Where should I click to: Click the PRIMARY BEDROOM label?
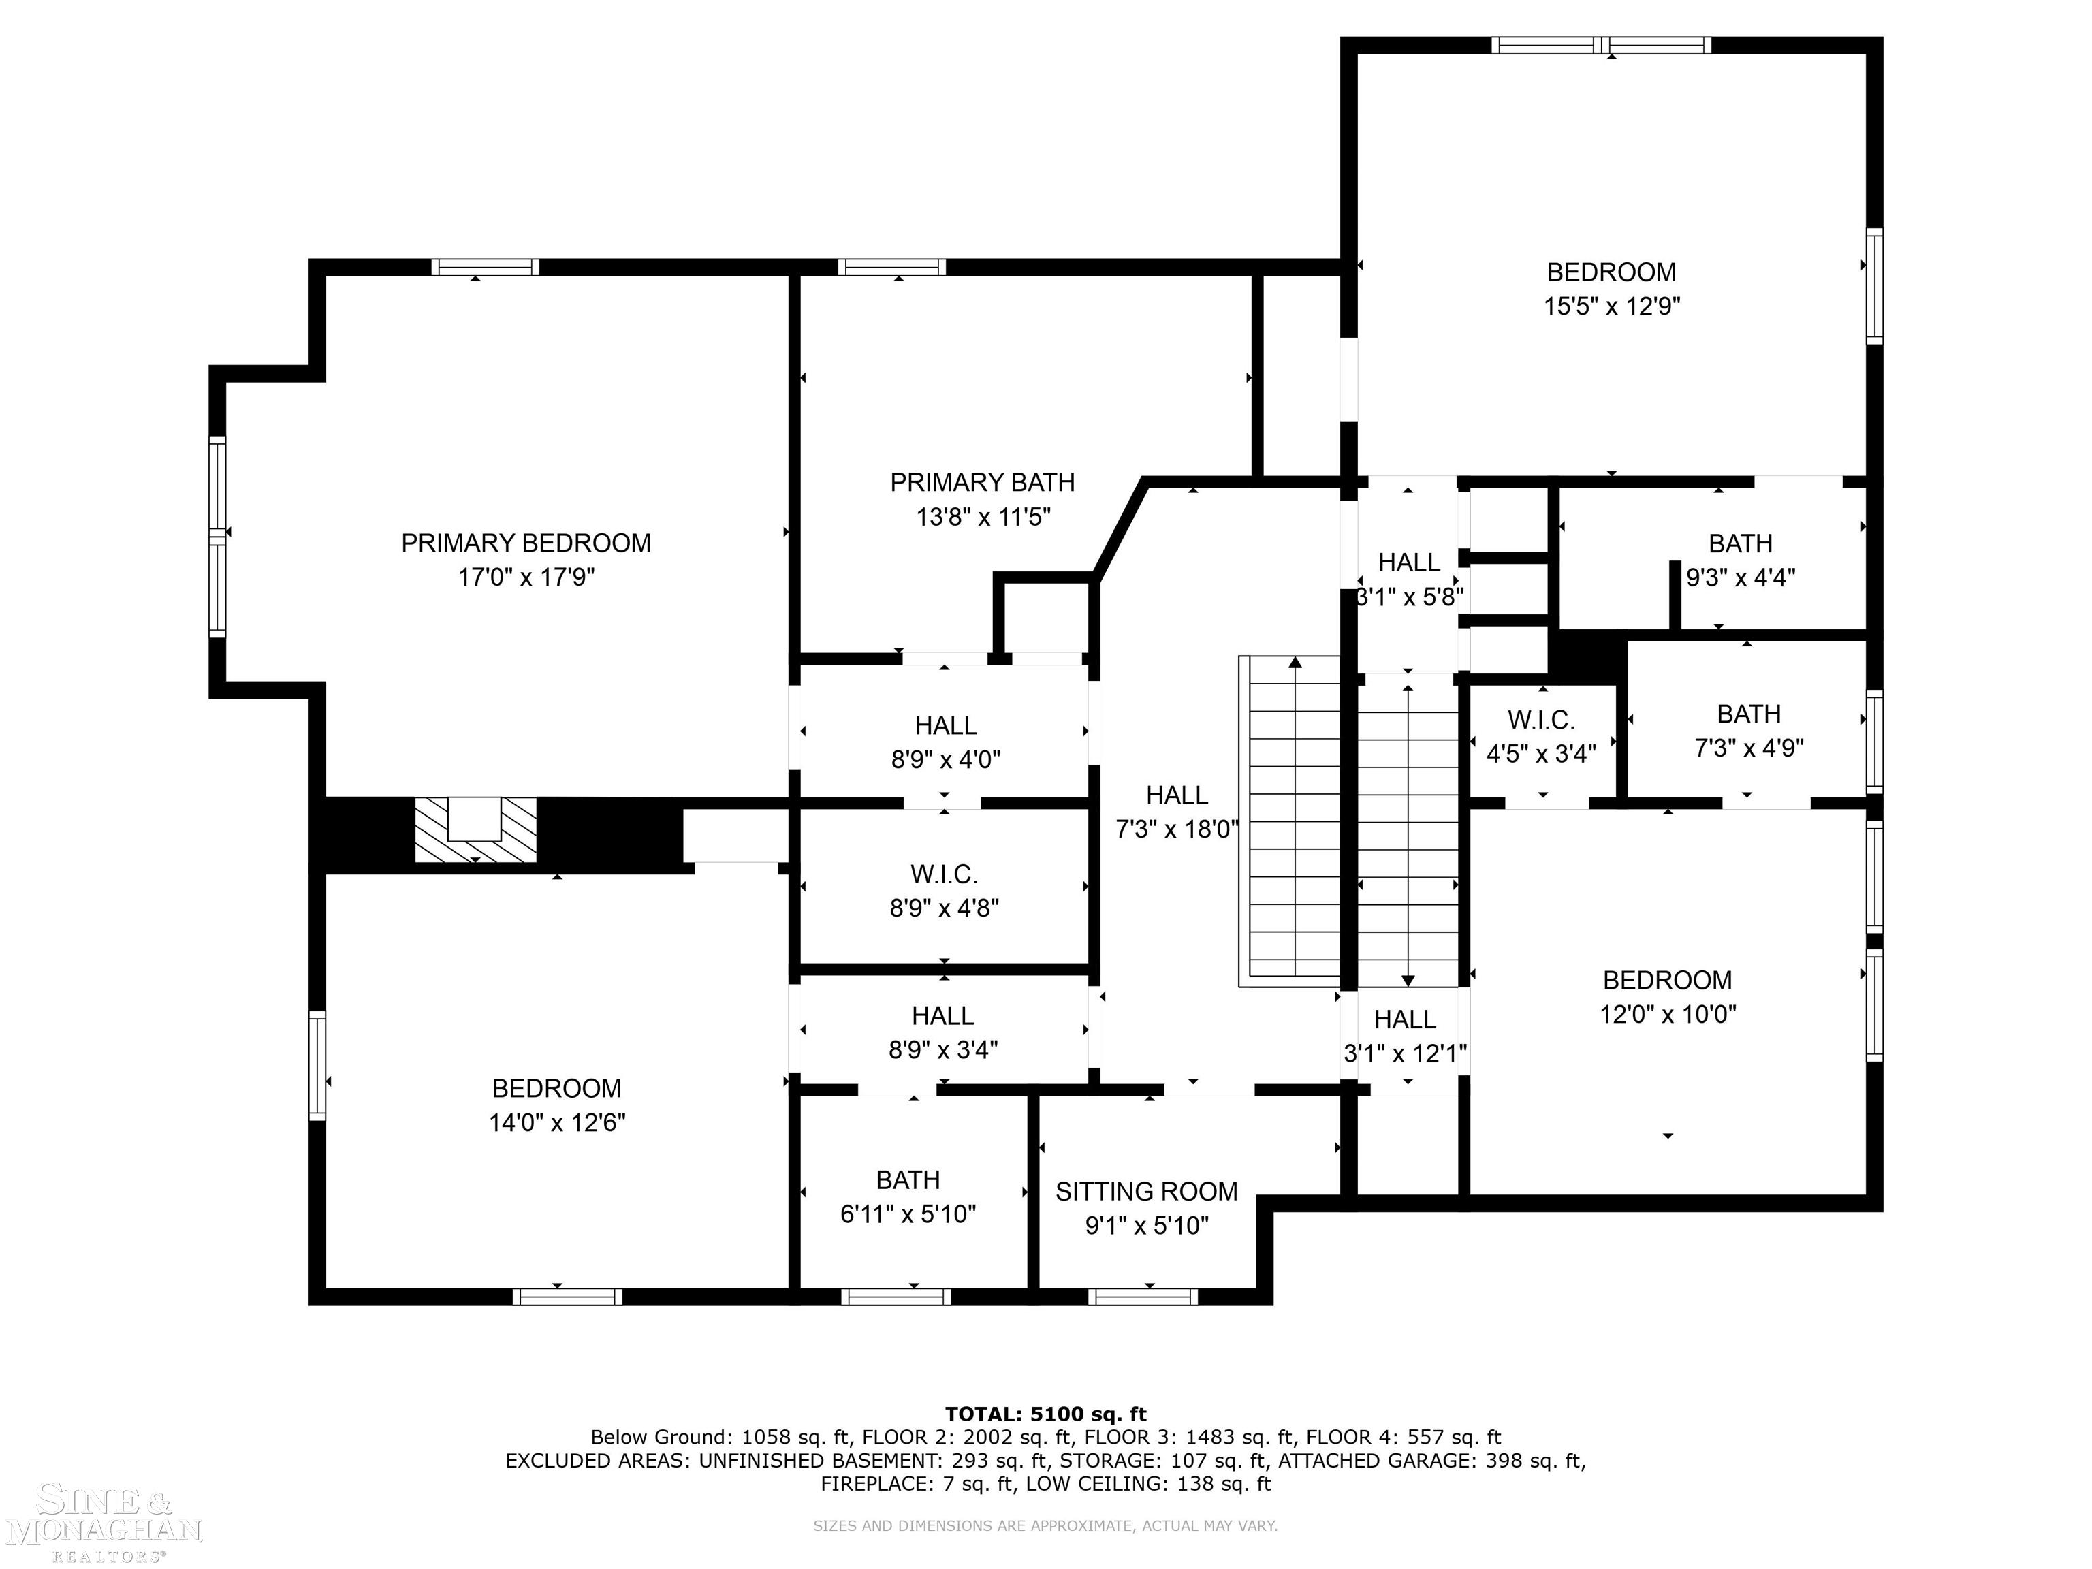526,543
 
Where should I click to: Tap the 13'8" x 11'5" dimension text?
983,516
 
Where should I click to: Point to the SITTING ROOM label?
1146,1192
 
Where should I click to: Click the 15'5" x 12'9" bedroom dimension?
1611,306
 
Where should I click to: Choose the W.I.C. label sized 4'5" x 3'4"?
1542,720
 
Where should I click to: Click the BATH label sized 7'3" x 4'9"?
1749,714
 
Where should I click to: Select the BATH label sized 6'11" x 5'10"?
908,1180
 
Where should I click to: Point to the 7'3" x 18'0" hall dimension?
1177,829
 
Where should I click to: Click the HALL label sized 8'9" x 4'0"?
946,725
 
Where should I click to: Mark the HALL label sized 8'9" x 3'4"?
943,1016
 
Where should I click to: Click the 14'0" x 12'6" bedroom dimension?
557,1122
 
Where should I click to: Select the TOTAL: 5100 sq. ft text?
1046,1414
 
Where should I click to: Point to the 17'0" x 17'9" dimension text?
526,577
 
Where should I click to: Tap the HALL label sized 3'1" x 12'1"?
1406,1019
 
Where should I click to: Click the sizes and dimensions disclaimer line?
1046,1525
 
